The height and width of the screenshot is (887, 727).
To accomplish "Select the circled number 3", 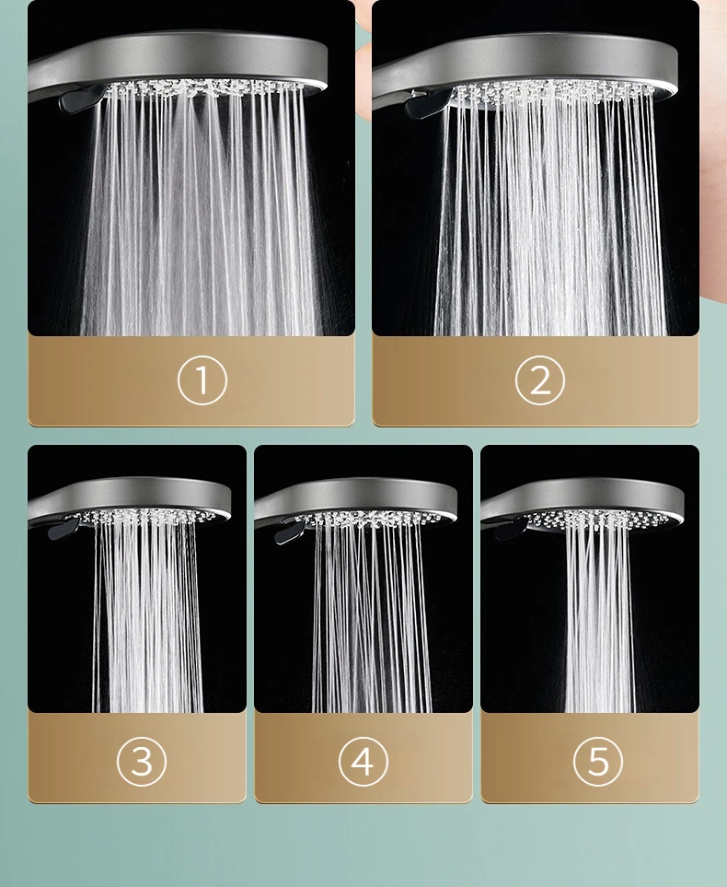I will pyautogui.click(x=141, y=761).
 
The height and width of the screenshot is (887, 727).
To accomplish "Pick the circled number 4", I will pyautogui.click(x=363, y=761).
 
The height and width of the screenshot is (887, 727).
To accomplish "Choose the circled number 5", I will pyautogui.click(x=597, y=761).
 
